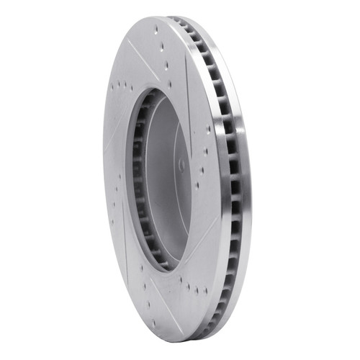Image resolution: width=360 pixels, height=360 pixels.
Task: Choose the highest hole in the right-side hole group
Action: [x=207, y=130]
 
